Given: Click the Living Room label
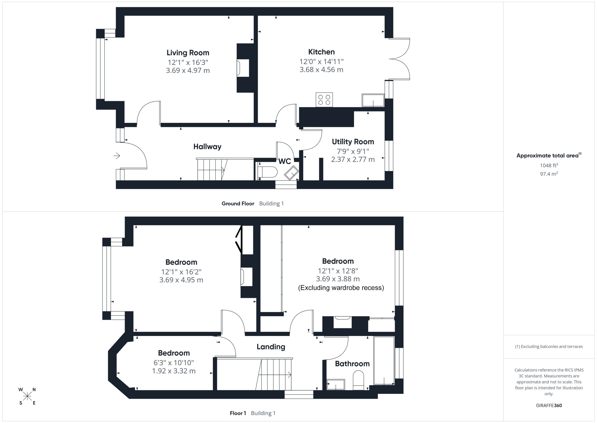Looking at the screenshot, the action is point(188,53).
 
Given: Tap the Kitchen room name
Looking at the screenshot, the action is point(321,52).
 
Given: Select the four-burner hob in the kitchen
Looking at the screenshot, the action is point(324,100).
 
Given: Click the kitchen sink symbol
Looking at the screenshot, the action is point(373,100).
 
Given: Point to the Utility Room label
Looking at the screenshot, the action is point(353,142).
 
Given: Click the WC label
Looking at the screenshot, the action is point(285,161).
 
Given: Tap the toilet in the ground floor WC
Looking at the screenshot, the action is point(268,172).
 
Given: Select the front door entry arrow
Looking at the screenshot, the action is point(117,156).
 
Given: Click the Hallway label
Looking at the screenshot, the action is point(207,147).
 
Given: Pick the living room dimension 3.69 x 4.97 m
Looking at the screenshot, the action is point(188,71).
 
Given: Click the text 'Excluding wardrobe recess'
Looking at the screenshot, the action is point(341,288).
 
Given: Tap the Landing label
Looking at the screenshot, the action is point(271,347).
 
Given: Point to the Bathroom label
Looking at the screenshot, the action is point(352,364).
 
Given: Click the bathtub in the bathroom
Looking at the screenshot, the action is point(384,361).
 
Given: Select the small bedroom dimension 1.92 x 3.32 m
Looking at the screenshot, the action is point(174,371).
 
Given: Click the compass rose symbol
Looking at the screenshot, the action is point(27,396).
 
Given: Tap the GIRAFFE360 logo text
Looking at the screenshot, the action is point(549,405).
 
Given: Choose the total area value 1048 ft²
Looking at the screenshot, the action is point(549,165).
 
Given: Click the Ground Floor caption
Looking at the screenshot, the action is point(238,204).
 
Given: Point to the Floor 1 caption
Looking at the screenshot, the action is point(238,413).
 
